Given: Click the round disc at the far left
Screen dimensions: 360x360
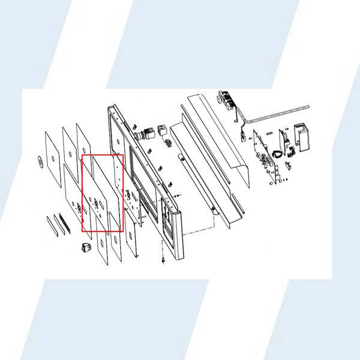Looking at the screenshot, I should click(x=40, y=161).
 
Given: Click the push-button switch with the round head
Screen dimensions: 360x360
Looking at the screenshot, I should click(x=143, y=134).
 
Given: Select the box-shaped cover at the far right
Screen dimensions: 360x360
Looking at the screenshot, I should click(x=301, y=136).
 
